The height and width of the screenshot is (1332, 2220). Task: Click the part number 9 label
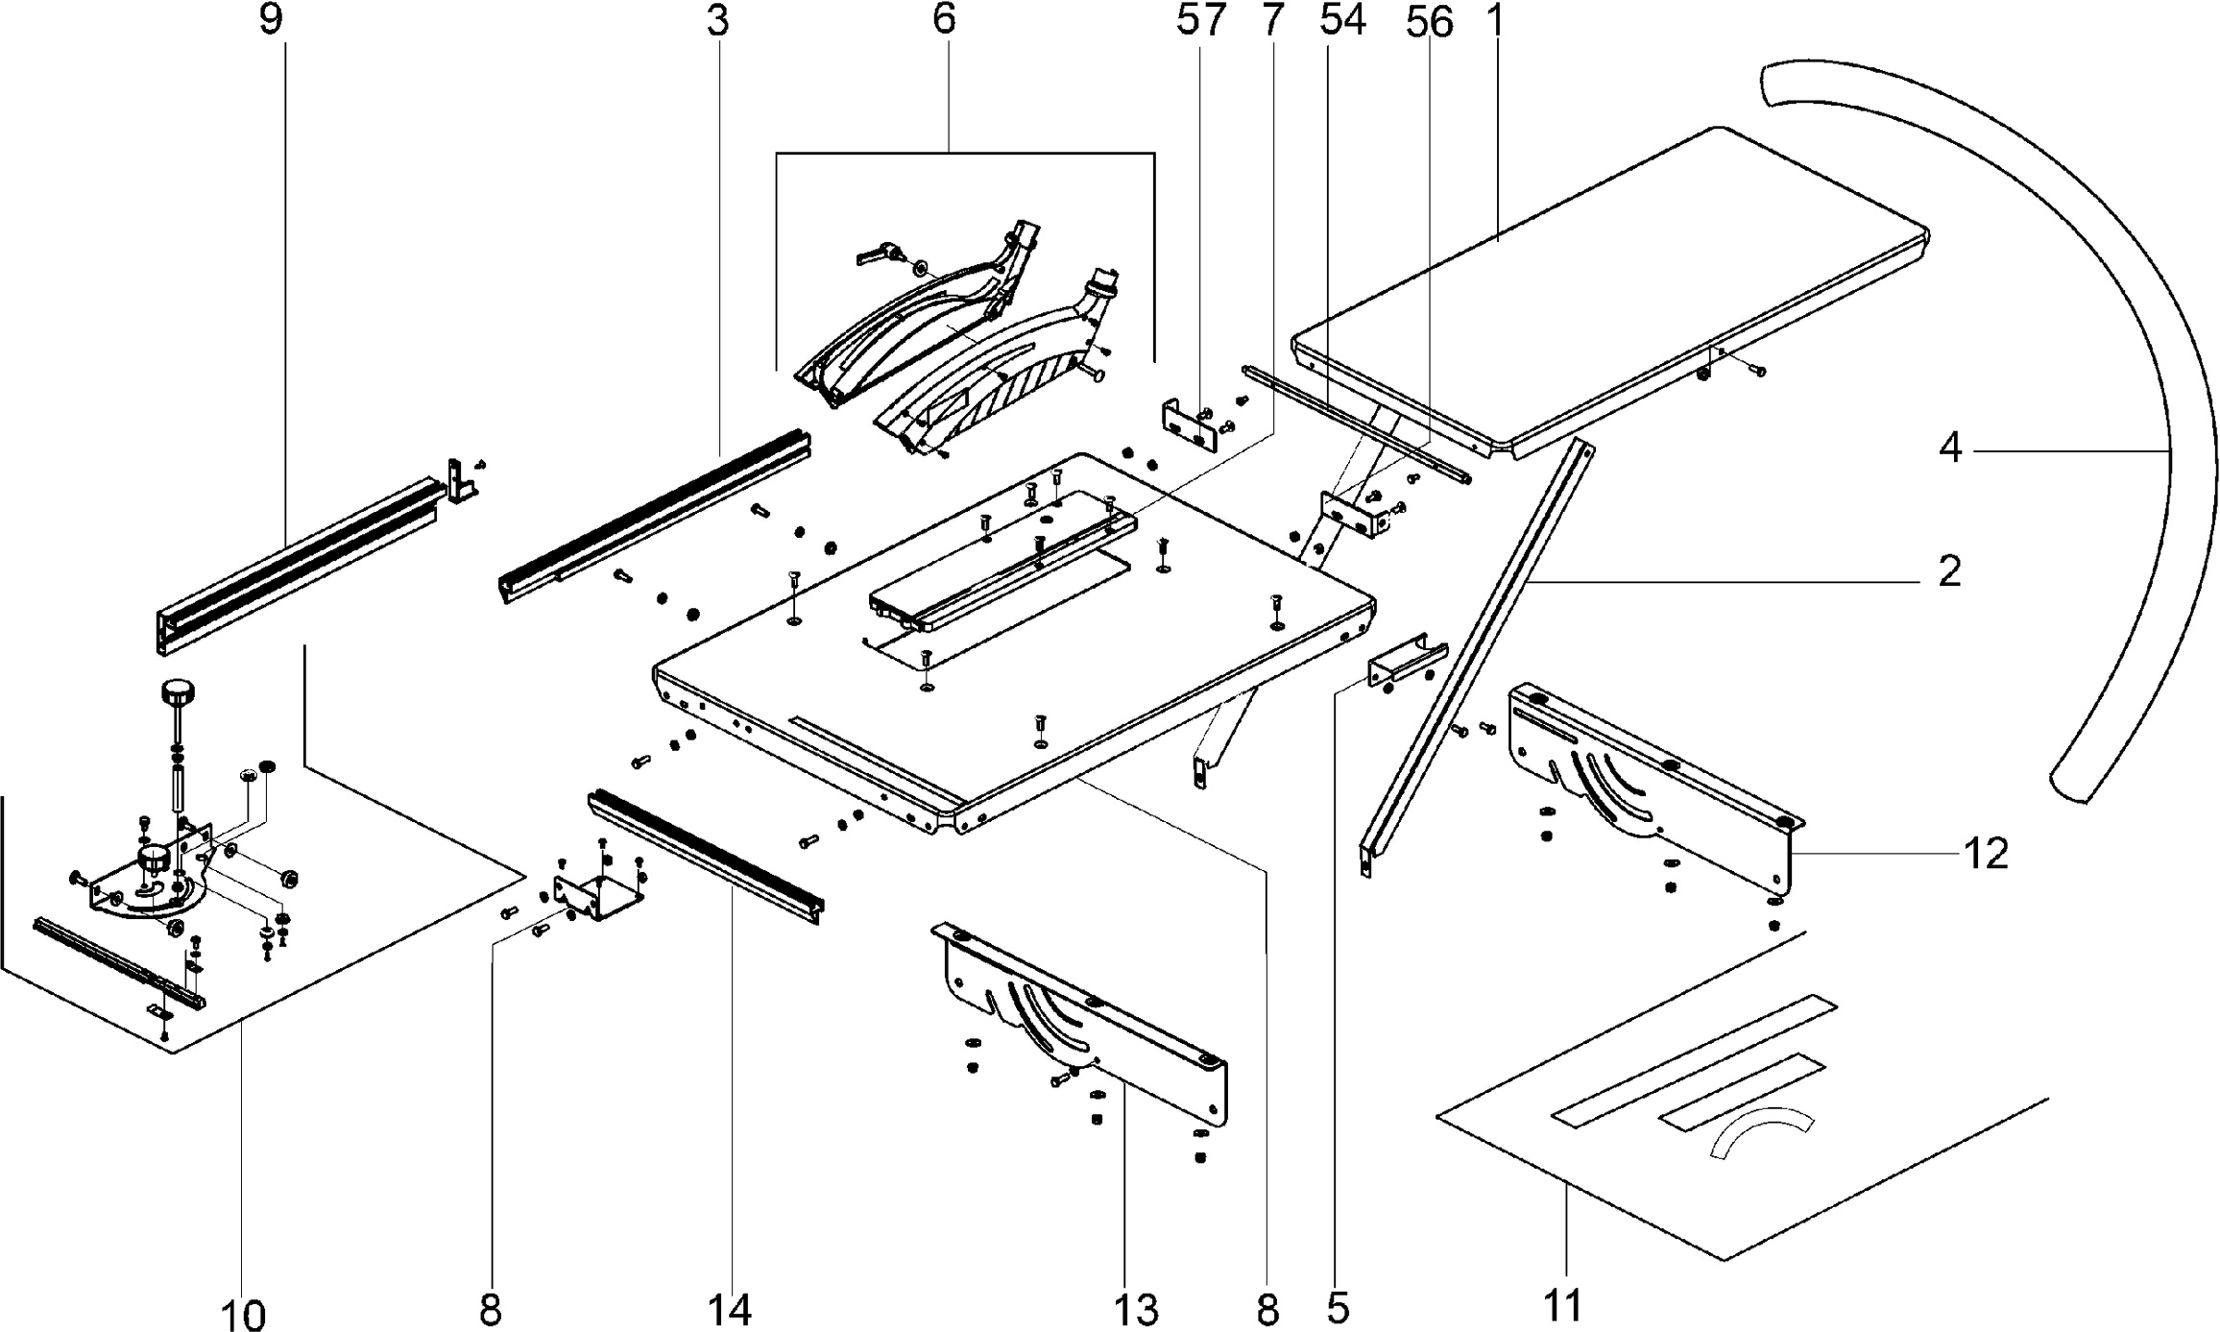coord(272,21)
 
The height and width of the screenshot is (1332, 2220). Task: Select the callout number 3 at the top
coord(717,21)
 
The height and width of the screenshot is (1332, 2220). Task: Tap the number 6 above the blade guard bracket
coord(944,21)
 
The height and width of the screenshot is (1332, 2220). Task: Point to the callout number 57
coord(1201,21)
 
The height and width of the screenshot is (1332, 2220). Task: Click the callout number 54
coord(1341,21)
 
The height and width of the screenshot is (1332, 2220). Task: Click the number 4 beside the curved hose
coord(1949,448)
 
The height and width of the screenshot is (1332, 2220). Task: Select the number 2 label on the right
coord(1949,572)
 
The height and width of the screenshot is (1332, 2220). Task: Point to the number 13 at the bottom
coord(1136,1309)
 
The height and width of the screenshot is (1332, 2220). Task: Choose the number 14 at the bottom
coord(729,1309)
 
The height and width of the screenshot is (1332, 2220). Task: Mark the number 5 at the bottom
coord(1339,1309)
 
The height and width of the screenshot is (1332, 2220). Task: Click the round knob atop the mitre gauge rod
coord(178,691)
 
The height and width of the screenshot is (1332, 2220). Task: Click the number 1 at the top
coord(1492,21)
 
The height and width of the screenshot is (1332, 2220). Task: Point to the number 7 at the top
coord(1272,21)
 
